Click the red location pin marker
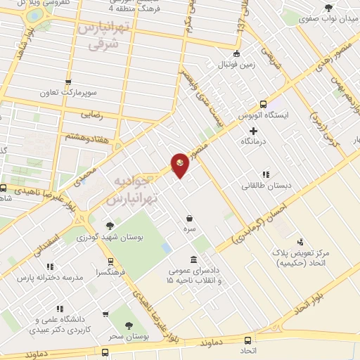[x=180, y=164]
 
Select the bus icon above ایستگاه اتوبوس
[x=264, y=103]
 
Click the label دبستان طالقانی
[x=261, y=186]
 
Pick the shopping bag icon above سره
[x=189, y=218]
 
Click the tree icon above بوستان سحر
[x=128, y=325]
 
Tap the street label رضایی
[x=90, y=111]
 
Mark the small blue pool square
[x=165, y=248]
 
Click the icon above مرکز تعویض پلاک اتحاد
[x=301, y=242]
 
